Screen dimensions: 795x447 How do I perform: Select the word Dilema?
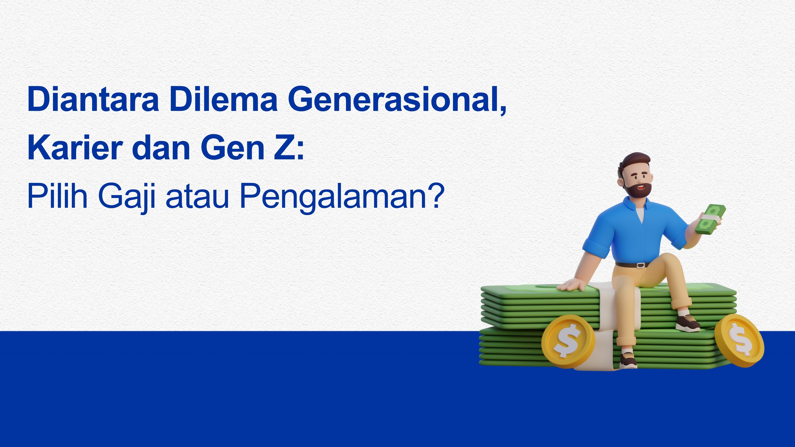coord(223,99)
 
